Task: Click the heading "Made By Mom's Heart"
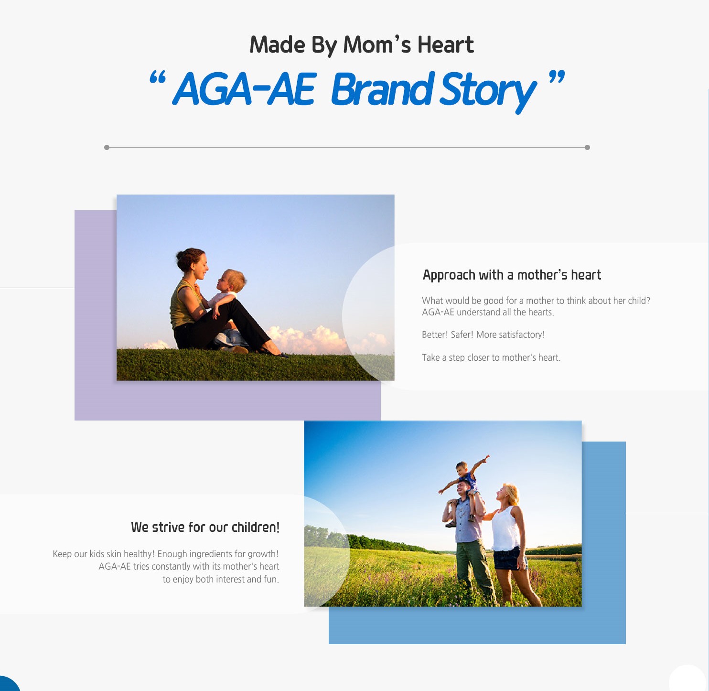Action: [x=361, y=45]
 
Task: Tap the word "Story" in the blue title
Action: [x=488, y=91]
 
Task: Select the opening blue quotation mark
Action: [x=157, y=77]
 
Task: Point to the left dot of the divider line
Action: [x=107, y=147]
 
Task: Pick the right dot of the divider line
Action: [x=587, y=147]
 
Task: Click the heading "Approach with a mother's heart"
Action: [x=512, y=275]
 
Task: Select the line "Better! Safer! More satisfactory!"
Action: [x=483, y=335]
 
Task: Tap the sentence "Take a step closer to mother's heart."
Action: [x=491, y=357]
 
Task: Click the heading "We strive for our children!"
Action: [x=205, y=527]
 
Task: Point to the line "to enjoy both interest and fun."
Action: [x=221, y=579]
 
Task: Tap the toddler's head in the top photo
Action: [x=232, y=280]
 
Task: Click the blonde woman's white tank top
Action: [x=506, y=529]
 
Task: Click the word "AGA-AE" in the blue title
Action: [x=243, y=89]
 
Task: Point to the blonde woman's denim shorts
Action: [x=509, y=558]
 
